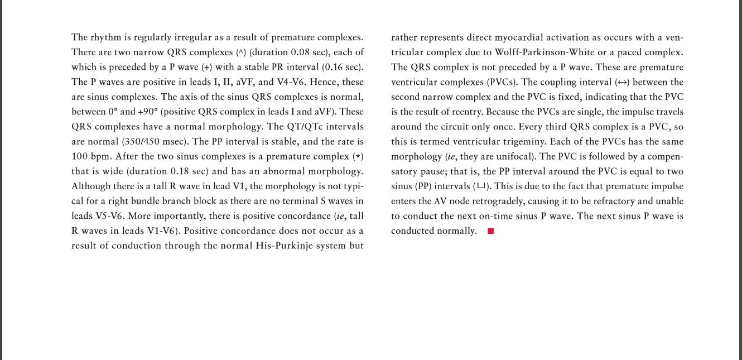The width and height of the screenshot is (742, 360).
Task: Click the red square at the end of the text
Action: [491, 231]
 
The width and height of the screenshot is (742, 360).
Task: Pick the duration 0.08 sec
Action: [306, 52]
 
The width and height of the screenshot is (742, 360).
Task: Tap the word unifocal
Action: [515, 157]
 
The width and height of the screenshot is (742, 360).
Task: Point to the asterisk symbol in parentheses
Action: [358, 157]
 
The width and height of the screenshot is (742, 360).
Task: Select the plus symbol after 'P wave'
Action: [206, 68]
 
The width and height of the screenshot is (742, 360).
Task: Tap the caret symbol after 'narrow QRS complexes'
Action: [241, 52]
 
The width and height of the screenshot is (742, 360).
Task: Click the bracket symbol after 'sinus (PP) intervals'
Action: [481, 186]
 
